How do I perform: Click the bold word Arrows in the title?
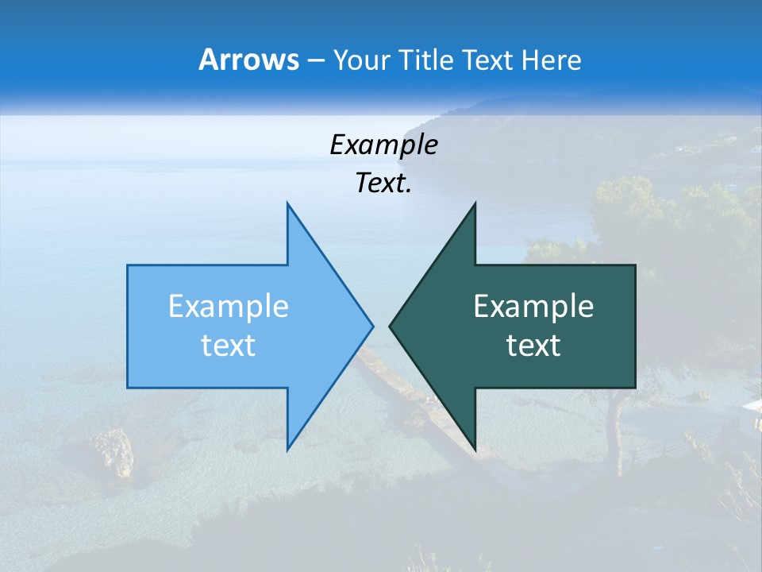(x=248, y=60)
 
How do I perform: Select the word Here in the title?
(x=551, y=60)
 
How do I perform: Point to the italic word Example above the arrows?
(x=383, y=145)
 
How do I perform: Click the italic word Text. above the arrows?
(x=383, y=184)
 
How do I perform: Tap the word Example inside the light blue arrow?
(x=228, y=307)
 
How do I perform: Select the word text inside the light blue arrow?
(x=228, y=346)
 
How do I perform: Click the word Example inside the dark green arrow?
(x=533, y=307)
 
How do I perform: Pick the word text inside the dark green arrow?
(x=533, y=346)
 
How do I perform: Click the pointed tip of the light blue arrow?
(x=372, y=326)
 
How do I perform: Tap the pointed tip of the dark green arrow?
(x=390, y=326)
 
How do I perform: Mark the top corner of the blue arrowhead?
(x=287, y=203)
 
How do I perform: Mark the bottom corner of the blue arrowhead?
(x=287, y=449)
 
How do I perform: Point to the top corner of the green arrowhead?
(x=475, y=203)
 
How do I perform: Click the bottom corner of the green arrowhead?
(x=475, y=449)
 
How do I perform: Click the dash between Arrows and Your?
(x=315, y=61)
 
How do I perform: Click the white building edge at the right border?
(x=752, y=406)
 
